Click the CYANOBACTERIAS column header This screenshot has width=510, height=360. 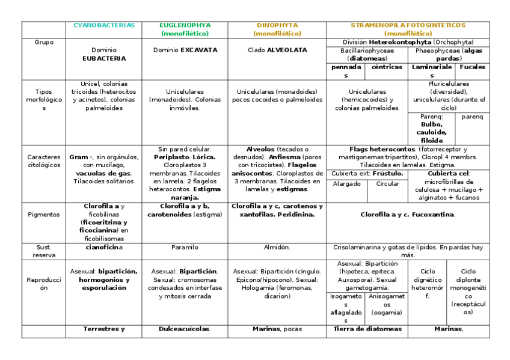click(104, 25)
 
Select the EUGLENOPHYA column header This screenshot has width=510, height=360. click(185, 25)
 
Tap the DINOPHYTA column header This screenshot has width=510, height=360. click(278, 25)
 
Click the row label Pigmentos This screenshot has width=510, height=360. click(43, 214)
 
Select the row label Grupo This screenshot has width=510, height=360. click(43, 42)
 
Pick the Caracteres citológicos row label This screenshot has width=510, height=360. click(43, 160)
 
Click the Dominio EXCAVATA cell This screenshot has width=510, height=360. click(185, 50)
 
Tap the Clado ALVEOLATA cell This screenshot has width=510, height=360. click(277, 50)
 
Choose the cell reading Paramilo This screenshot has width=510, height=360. click(185, 247)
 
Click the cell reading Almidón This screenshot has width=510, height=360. click(277, 247)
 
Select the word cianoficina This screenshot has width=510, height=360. click(103, 247)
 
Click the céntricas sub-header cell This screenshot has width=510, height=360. click(387, 67)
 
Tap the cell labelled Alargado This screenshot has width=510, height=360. click(346, 184)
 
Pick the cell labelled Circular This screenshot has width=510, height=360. click(387, 184)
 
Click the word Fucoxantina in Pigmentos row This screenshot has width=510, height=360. click(433, 215)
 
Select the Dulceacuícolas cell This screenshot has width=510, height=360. click(185, 329)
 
